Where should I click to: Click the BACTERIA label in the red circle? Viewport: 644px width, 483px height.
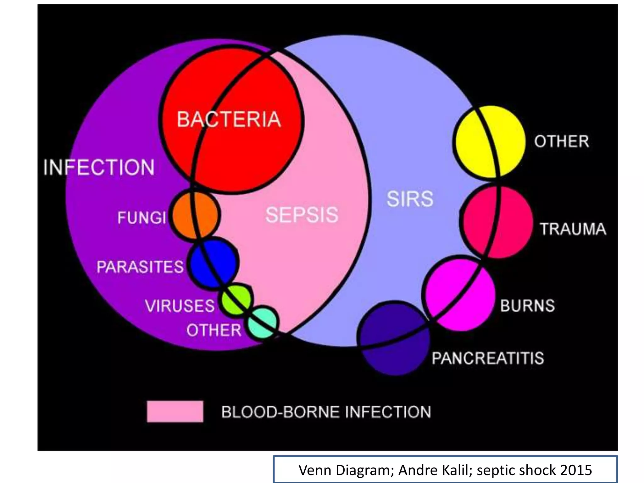coord(229,119)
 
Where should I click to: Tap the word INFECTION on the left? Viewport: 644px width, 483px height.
coord(99,167)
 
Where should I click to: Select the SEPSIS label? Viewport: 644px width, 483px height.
coord(302,215)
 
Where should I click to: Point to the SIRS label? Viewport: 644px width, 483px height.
coord(410,199)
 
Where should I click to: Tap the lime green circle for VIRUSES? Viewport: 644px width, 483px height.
coord(236,299)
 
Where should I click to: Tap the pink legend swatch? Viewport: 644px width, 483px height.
coord(175,411)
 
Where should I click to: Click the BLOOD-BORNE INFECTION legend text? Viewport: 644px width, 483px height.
coord(326,412)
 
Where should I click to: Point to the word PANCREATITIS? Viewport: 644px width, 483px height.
coord(488,358)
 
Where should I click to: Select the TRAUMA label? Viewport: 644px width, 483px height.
coord(573,229)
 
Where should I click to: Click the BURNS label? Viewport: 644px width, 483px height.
coord(527,306)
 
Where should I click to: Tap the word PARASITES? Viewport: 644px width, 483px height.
coord(140,267)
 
